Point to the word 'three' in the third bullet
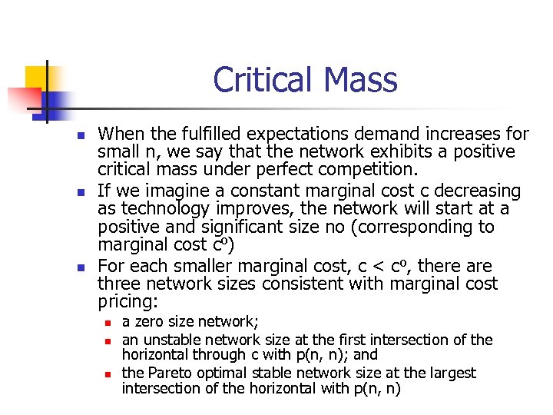point(121,284)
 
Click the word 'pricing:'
point(127,303)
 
